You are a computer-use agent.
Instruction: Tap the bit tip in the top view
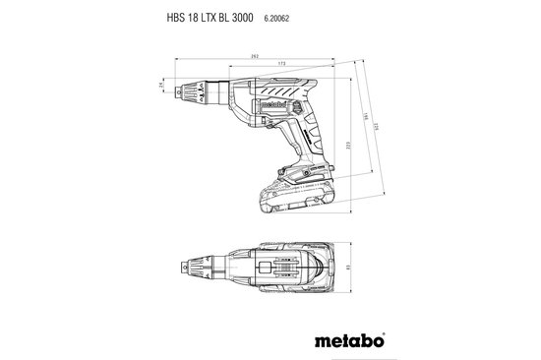[182, 266]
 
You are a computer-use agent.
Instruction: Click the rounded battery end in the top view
[330, 266]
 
